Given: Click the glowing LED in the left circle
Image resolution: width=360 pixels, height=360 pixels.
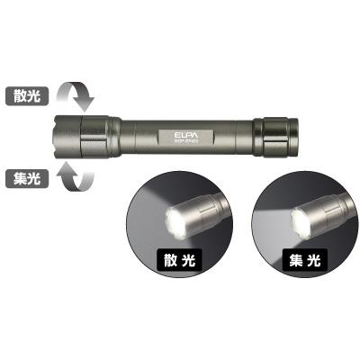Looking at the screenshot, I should tap(170, 217).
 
